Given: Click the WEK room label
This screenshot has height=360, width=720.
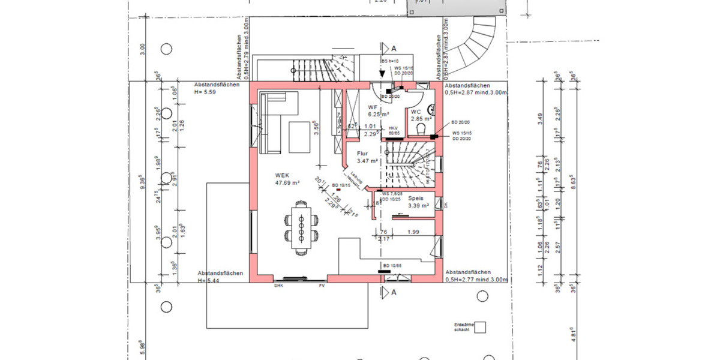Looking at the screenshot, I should [x=282, y=175].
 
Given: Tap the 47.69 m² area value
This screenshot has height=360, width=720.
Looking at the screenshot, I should [x=287, y=182].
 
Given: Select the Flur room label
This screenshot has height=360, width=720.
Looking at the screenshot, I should [x=362, y=154].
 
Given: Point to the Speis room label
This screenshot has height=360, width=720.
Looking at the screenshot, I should [x=416, y=198].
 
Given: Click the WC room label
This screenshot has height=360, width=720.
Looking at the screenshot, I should [x=416, y=112].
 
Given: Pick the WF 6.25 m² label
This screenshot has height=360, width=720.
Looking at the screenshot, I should [x=379, y=110].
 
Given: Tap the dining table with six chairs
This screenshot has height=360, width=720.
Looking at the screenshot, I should [x=302, y=227].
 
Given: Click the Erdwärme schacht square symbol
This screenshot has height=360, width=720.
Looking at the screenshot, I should [x=480, y=328].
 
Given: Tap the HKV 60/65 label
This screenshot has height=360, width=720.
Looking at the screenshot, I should [x=394, y=131].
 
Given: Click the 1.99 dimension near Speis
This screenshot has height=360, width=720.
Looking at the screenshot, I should [x=413, y=232].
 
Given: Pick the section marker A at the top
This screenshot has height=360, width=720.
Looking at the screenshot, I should [x=394, y=48].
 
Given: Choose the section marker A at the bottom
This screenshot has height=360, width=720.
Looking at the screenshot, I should [x=394, y=293].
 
